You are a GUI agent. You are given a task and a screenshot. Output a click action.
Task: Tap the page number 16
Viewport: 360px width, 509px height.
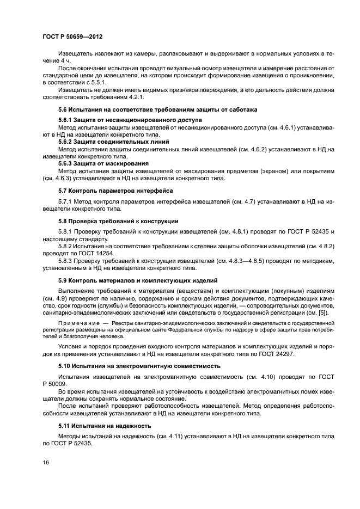coord(46,462)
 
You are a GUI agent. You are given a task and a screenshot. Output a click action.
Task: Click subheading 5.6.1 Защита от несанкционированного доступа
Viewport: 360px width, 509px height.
coord(130,119)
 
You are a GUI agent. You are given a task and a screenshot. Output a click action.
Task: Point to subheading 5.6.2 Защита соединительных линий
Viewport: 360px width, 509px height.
coord(113,142)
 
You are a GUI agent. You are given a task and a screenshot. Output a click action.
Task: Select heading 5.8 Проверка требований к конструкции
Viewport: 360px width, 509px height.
coord(118,221)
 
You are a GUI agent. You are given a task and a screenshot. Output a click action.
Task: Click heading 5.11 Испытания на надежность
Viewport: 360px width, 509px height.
coord(105,426)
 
